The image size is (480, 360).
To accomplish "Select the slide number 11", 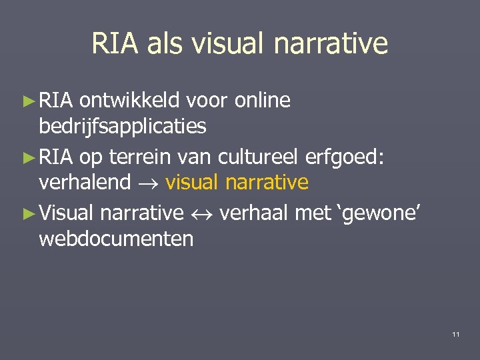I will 455,334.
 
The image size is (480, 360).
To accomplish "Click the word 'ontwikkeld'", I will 129,101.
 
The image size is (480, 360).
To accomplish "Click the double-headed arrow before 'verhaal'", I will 201,213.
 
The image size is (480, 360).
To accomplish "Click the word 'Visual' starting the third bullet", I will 66,213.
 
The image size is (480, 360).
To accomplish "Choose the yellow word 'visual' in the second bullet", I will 193,181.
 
